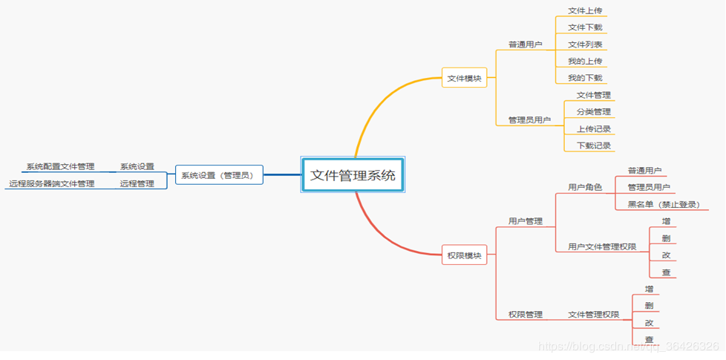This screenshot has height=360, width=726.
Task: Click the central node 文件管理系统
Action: click(353, 176)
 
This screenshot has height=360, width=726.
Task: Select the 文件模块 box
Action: click(465, 78)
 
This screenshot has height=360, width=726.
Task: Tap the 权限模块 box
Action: click(465, 255)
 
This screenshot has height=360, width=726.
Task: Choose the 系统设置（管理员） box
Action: click(219, 175)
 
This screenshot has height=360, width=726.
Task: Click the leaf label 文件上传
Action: click(585, 10)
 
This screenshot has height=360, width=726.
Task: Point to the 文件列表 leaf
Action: click(585, 45)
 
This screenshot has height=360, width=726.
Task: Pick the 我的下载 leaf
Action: click(585, 78)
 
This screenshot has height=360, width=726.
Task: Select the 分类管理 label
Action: click(593, 112)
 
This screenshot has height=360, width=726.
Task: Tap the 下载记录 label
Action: click(593, 145)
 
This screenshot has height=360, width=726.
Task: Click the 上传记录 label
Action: click(593, 129)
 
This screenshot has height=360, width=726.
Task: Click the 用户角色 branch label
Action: click(585, 187)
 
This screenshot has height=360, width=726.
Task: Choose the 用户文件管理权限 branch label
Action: click(601, 246)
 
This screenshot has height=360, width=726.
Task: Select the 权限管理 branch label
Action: click(525, 315)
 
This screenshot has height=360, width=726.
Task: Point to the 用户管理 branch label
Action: click(525, 221)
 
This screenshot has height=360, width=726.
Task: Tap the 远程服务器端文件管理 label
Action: click(52, 183)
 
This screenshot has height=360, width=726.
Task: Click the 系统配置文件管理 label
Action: click(60, 166)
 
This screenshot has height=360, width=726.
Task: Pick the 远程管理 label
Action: click(137, 183)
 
